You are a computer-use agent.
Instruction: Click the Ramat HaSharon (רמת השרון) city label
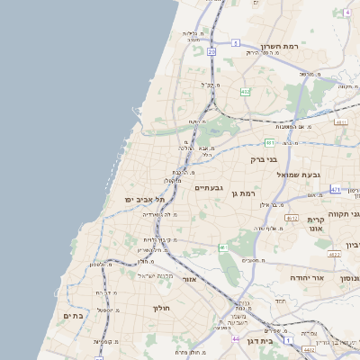pyautogui.click(x=279, y=46)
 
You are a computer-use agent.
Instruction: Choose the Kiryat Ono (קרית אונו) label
pyautogui.click(x=315, y=224)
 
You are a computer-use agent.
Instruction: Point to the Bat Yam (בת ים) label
pyautogui.click(x=73, y=316)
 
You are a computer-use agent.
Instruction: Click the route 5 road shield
pyautogui.click(x=236, y=42)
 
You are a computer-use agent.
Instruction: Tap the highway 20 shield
pyautogui.click(x=211, y=52)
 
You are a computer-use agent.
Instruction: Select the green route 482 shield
pyautogui.click(x=245, y=92)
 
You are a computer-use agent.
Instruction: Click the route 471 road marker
pyautogui.click(x=335, y=190)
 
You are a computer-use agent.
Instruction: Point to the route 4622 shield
pyautogui.click(x=334, y=255)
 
